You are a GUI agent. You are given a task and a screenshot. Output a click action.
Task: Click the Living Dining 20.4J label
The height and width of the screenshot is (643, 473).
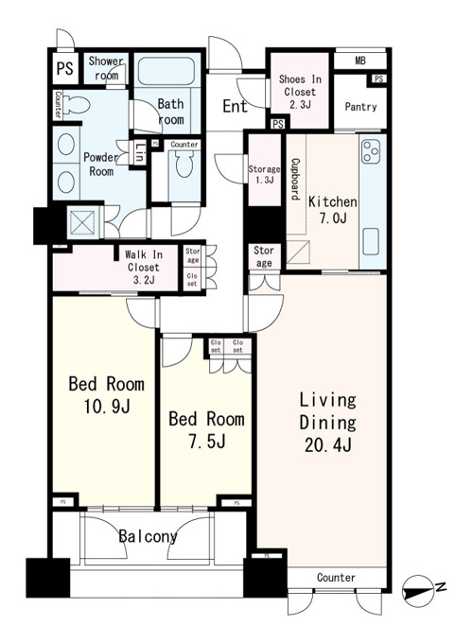[327, 423]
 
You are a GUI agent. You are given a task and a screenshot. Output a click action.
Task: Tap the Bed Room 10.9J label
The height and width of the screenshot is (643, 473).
[107, 395]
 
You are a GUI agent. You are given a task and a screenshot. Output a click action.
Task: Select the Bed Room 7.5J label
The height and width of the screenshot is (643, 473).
[207, 429]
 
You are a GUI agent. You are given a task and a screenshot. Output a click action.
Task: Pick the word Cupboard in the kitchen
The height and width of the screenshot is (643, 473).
[295, 180]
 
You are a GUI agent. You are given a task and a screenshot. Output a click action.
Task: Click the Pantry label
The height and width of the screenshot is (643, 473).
[360, 107]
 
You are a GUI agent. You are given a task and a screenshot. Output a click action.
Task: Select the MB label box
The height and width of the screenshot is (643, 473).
[360, 61]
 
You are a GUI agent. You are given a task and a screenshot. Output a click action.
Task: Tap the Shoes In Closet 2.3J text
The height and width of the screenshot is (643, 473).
[300, 92]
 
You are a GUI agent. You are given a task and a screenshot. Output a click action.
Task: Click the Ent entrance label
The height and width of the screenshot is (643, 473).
[235, 106]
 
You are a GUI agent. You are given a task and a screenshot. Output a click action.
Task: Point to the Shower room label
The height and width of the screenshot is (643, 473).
[106, 68]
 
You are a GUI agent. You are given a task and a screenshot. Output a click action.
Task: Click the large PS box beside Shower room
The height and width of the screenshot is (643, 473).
[65, 68]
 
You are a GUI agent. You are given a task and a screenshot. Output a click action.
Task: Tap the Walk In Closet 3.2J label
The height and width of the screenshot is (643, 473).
[144, 268]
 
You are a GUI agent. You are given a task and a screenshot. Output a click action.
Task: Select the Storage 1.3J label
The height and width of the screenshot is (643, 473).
[264, 174]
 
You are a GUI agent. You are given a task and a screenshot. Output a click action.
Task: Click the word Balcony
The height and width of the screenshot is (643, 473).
[149, 536]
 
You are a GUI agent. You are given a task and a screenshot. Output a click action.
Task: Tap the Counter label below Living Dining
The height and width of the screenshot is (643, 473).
[336, 578]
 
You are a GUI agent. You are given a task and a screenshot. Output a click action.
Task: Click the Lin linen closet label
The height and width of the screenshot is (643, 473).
[140, 152]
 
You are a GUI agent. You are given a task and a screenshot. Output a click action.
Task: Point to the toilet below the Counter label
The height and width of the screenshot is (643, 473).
[184, 164]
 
